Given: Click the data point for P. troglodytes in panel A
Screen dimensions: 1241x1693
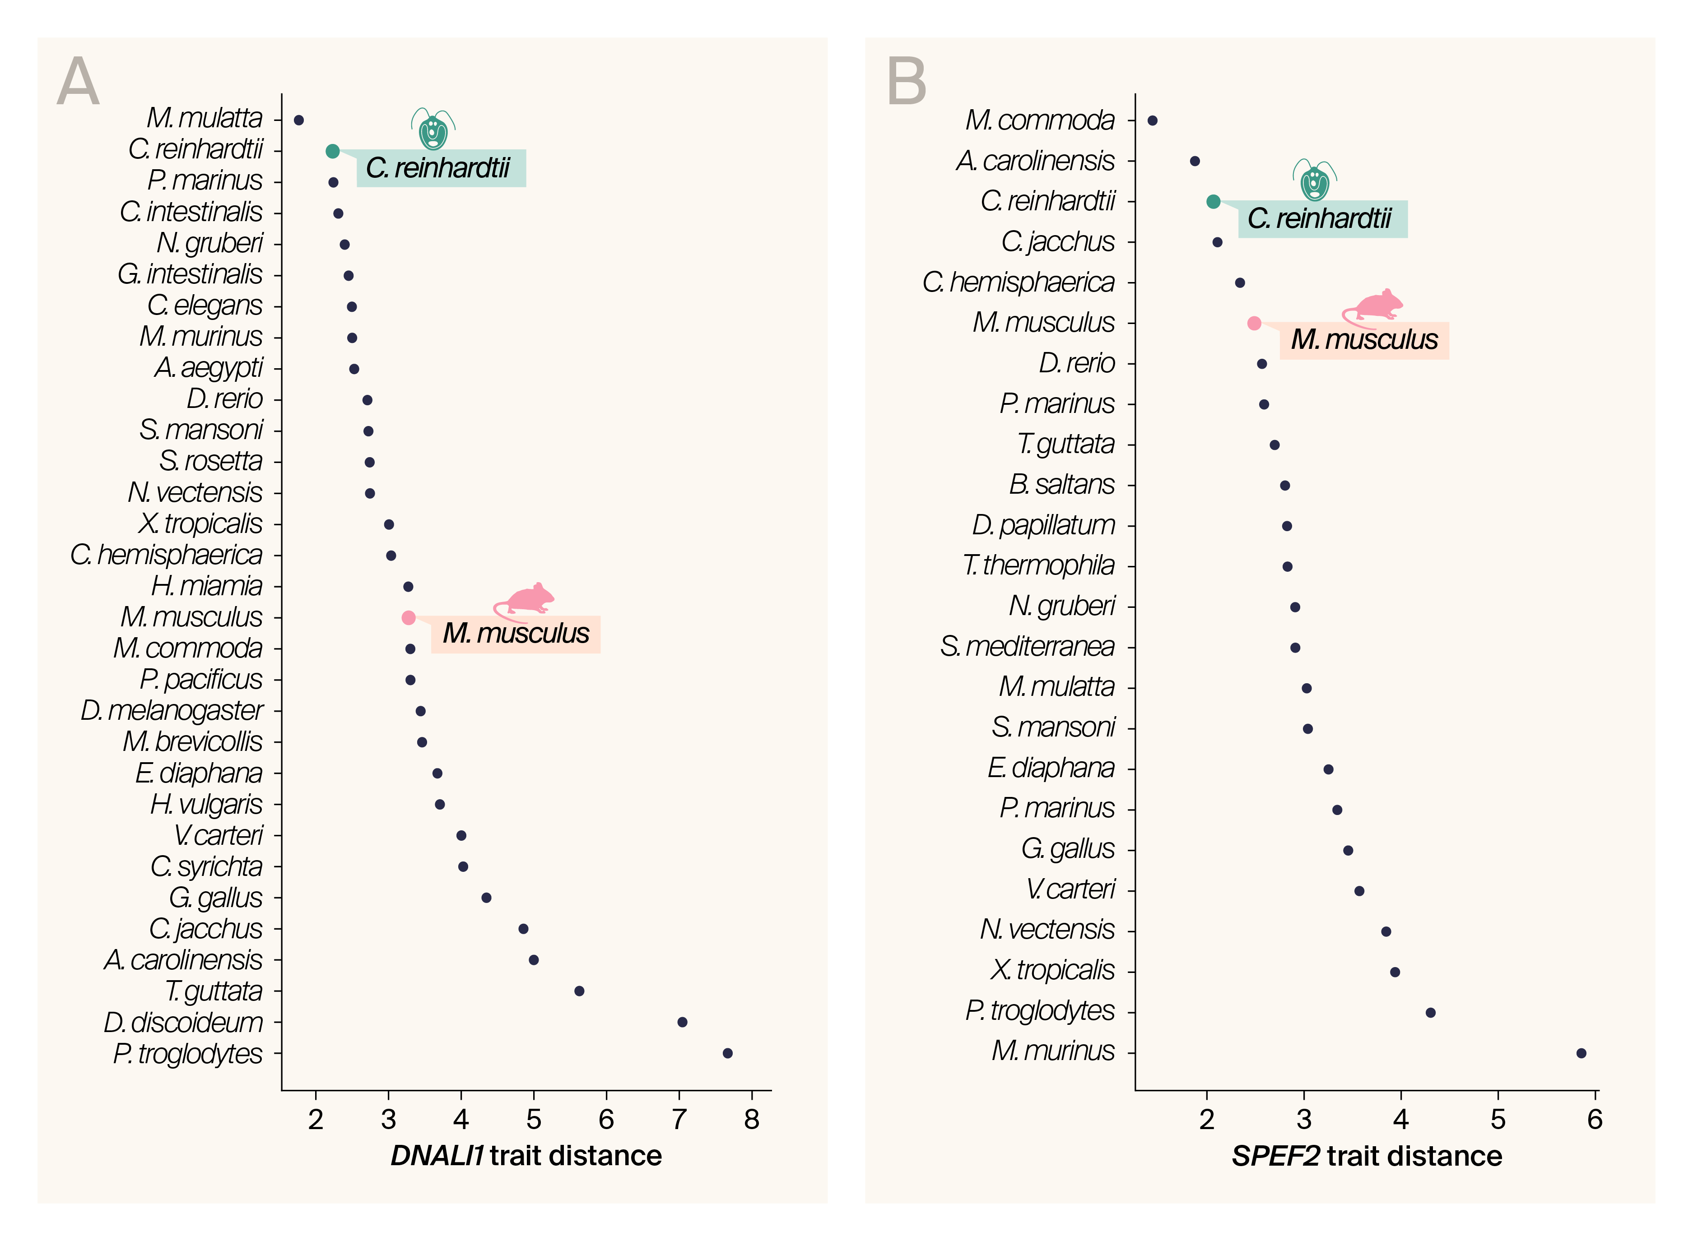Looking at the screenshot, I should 727,1053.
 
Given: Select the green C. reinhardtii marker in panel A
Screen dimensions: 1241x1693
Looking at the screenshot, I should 332,151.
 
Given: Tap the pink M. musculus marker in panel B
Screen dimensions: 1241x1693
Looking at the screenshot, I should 1254,323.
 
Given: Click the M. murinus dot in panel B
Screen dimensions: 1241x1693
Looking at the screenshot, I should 1581,1053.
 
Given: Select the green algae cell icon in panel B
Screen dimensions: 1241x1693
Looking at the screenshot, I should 1315,181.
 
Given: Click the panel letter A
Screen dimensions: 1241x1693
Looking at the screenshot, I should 78,81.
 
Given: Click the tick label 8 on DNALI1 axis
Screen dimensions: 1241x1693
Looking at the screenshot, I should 751,1119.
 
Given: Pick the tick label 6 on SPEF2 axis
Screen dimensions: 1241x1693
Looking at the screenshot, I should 1595,1119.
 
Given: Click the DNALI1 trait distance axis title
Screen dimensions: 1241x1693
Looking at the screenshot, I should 526,1155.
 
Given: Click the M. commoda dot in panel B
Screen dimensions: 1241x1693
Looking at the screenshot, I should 1152,120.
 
